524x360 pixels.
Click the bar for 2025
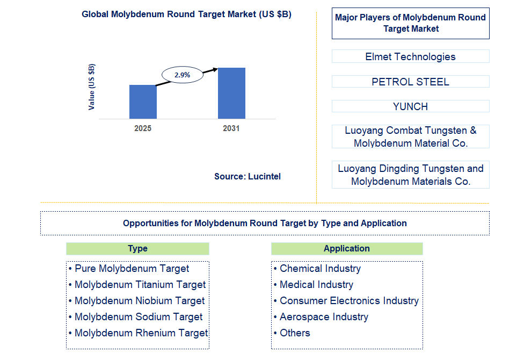point(143,102)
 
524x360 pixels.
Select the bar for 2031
point(231,93)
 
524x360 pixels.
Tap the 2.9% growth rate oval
point(182,75)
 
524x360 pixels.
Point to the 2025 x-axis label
point(143,129)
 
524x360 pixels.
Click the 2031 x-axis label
point(231,129)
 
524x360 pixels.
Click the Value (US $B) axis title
point(92,87)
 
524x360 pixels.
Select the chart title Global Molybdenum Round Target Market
point(186,15)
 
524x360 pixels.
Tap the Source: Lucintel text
point(247,176)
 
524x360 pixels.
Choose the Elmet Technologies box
point(410,56)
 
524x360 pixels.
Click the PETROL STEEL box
point(410,82)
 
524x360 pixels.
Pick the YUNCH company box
point(410,106)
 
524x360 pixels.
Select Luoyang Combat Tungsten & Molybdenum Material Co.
point(410,136)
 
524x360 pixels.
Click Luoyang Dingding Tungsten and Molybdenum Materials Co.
point(410,175)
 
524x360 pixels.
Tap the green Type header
point(137,248)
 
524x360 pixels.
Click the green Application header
point(346,248)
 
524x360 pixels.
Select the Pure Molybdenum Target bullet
point(132,269)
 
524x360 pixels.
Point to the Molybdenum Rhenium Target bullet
point(141,333)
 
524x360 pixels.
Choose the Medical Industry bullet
point(316,285)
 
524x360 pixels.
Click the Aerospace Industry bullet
point(324,317)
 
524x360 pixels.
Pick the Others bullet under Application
point(295,333)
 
